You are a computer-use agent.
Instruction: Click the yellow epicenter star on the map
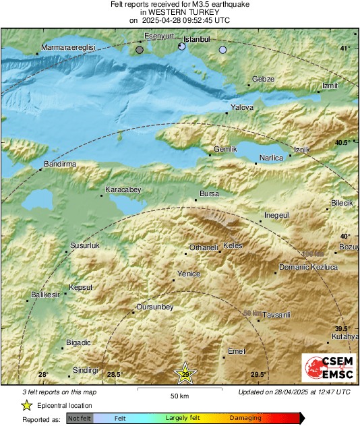tap(185, 374)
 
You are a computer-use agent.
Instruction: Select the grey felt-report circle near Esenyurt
tap(140, 49)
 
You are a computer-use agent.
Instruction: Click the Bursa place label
tap(210, 193)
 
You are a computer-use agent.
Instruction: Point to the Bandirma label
tap(59, 164)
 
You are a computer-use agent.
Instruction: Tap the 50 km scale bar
tap(179, 389)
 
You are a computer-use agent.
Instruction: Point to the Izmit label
tap(330, 86)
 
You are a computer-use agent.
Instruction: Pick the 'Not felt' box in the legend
tap(78, 418)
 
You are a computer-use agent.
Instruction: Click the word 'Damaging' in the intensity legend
tap(245, 418)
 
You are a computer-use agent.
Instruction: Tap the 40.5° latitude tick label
tap(343, 142)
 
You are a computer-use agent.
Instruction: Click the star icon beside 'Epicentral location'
tap(26, 405)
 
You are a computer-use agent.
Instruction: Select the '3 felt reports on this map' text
tap(59, 392)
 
